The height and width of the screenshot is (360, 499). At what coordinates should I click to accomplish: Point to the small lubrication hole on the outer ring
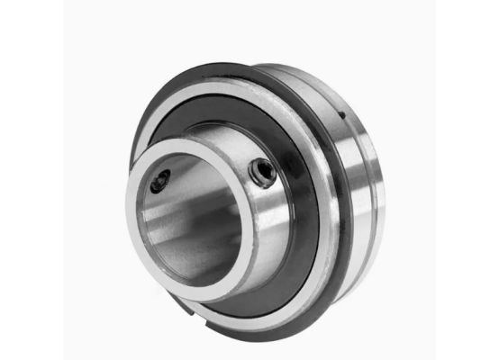click(342, 115)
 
